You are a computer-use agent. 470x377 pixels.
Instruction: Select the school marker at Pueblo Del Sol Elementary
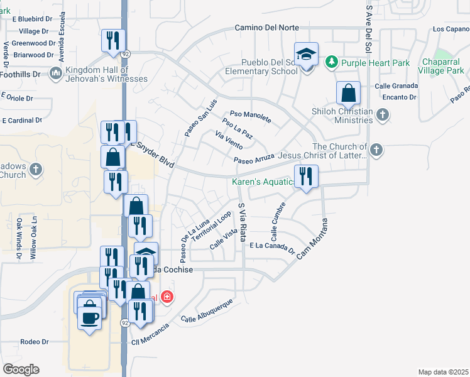307,55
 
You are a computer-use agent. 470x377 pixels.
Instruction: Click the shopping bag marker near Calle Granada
348,94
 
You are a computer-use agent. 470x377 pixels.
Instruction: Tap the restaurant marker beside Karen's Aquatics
306,177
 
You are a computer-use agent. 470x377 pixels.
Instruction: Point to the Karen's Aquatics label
263,182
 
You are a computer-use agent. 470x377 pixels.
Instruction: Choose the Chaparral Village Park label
443,67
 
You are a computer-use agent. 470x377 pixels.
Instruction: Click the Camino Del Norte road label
267,28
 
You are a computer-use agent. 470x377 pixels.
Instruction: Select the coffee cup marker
89,316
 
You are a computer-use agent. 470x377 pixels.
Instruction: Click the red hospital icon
167,296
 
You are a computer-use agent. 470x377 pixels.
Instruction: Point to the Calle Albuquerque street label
207,312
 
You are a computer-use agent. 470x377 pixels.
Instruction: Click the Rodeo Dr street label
35,342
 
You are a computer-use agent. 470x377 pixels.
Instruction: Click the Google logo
21,369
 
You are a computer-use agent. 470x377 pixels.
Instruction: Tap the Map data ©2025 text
443,372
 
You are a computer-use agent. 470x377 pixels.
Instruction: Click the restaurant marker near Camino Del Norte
114,41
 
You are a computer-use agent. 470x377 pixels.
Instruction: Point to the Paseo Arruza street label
254,158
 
